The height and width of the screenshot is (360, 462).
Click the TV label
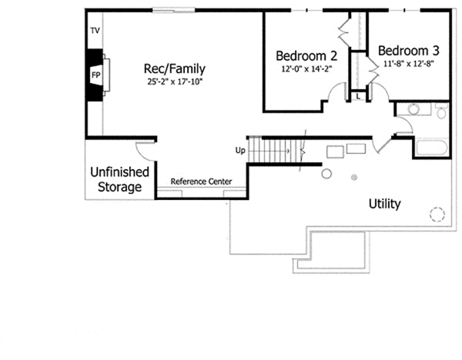[x=95, y=30]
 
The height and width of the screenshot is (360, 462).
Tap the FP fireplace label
[x=95, y=75]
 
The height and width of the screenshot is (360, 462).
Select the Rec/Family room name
[x=175, y=68]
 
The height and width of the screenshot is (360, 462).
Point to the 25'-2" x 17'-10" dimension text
[x=175, y=82]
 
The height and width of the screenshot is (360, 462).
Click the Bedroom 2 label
[x=306, y=55]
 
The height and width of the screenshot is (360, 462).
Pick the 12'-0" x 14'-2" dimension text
[x=306, y=69]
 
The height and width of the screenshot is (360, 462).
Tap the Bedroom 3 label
[x=409, y=51]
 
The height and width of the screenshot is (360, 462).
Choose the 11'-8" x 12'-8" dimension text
[x=408, y=64]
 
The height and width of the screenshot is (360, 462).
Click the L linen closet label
[x=358, y=96]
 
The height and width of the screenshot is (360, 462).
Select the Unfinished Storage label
[x=119, y=179]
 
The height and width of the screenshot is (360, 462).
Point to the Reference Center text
[x=201, y=182]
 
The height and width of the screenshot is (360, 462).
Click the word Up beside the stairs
[x=240, y=151]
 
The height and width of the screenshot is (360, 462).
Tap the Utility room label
[x=384, y=204]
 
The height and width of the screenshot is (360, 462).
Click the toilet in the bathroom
[x=441, y=111]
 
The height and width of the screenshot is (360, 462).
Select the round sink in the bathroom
[x=413, y=109]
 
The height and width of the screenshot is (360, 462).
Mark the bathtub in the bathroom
[x=432, y=148]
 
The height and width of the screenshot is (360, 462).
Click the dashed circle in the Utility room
[x=437, y=215]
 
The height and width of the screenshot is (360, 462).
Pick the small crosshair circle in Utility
[x=354, y=177]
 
